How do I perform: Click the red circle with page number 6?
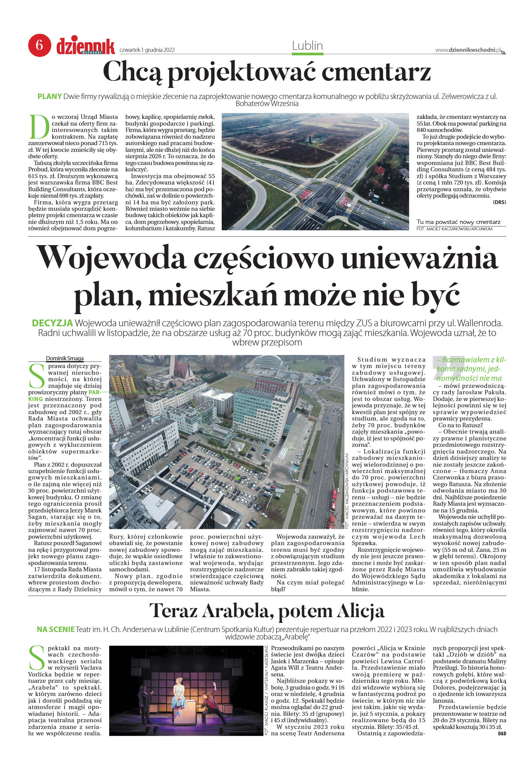tap(39, 45)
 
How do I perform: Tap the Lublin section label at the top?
tap(307, 46)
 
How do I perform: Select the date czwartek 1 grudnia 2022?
tap(147, 50)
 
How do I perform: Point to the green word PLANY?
tap(50, 97)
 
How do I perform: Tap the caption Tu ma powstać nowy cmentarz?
tap(458, 222)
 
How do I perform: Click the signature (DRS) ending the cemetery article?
tap(499, 202)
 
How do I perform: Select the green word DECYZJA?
tap(52, 323)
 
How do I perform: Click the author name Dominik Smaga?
tap(65, 358)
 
